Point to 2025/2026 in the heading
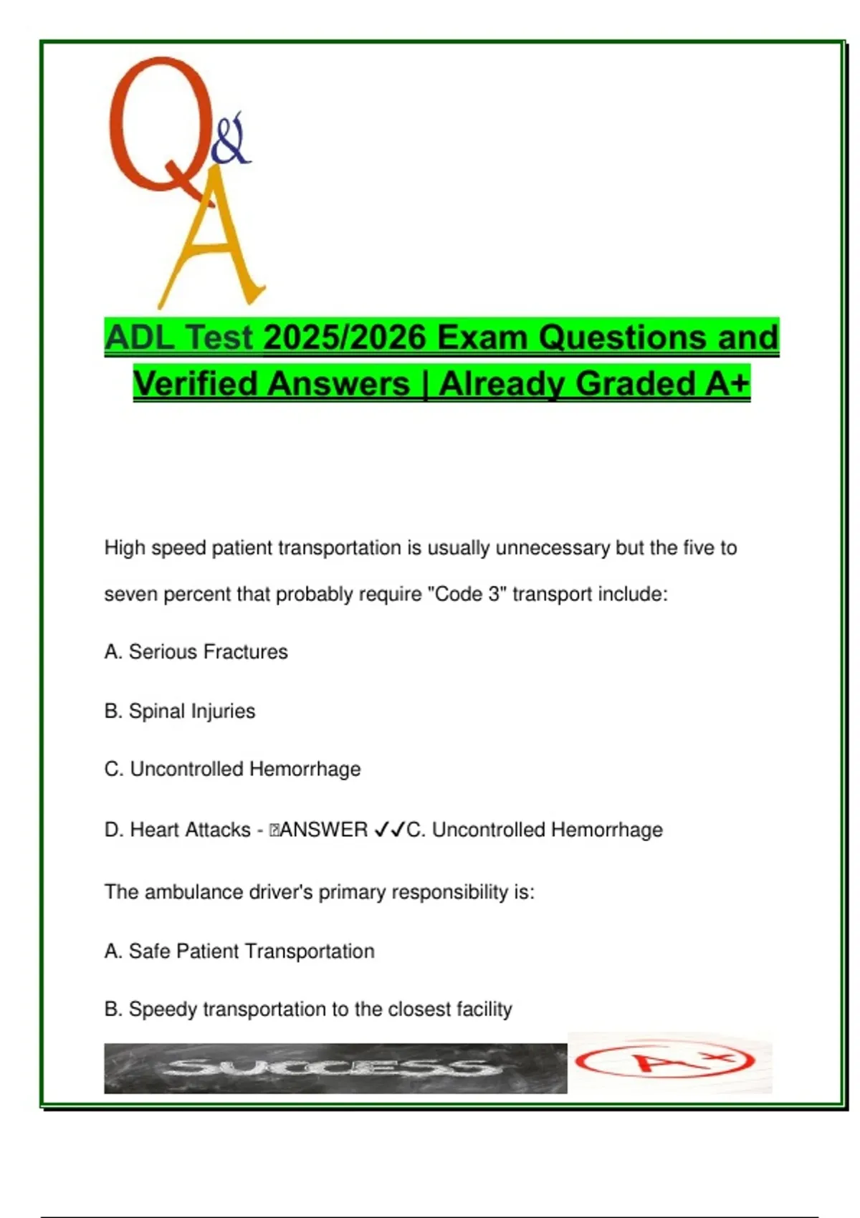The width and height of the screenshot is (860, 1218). (345, 337)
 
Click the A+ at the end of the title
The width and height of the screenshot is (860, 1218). (727, 383)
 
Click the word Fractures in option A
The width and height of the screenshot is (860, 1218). (247, 651)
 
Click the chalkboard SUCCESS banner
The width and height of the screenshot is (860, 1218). (335, 1068)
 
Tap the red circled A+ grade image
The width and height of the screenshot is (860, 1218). (666, 1062)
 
